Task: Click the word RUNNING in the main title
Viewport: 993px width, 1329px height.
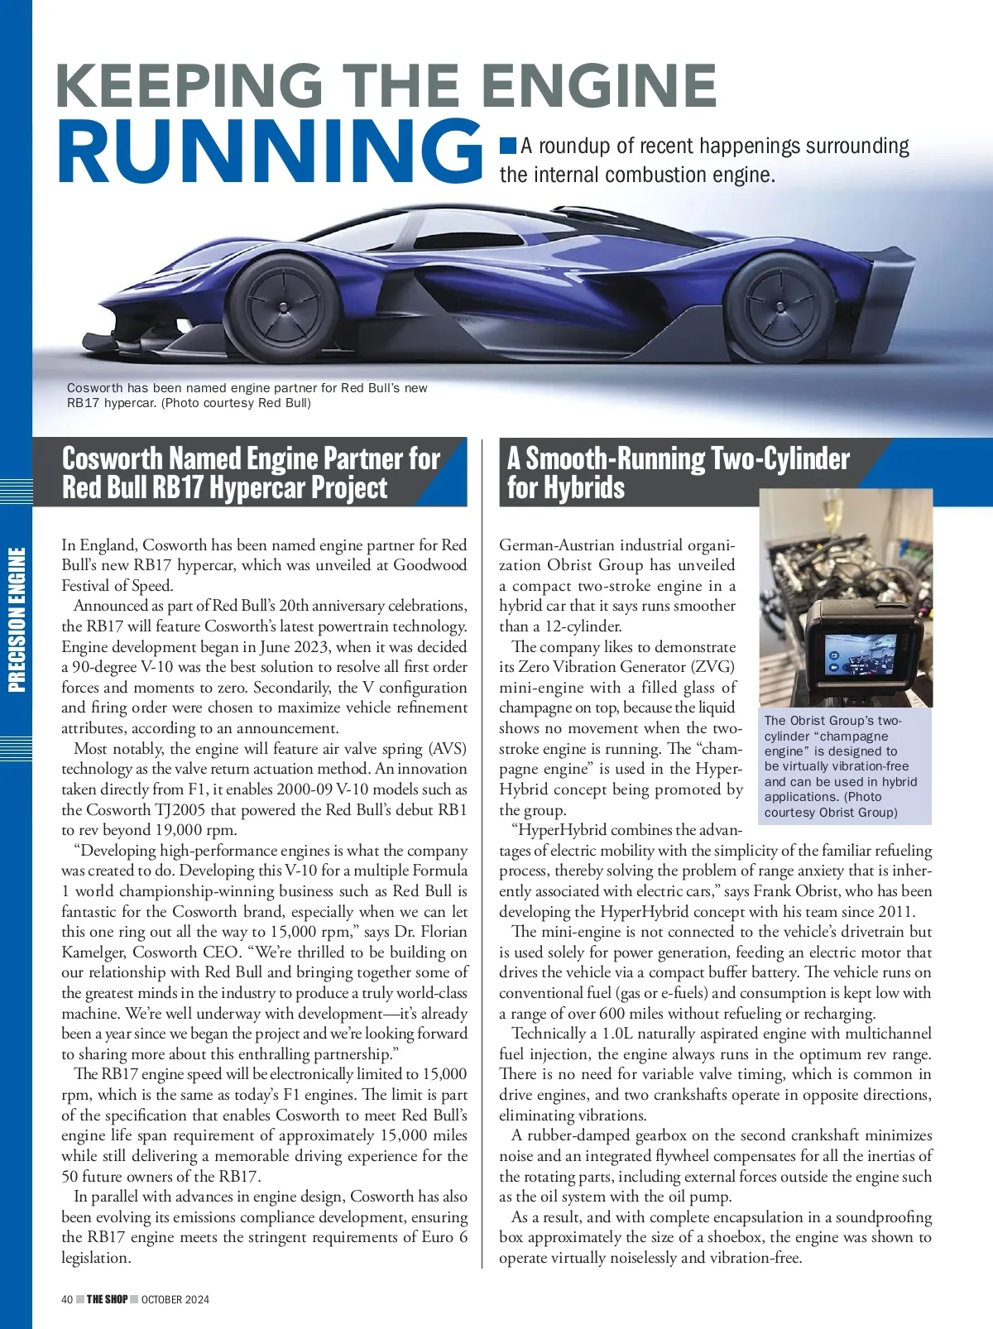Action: (269, 151)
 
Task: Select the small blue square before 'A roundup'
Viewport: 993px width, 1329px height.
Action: (507, 146)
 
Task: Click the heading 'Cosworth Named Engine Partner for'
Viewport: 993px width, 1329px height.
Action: (251, 458)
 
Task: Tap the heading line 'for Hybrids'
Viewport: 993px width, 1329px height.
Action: (566, 487)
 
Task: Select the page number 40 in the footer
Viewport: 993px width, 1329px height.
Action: (67, 1299)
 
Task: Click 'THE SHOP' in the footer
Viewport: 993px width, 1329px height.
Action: (108, 1299)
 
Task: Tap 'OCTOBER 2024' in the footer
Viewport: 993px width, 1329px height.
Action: (175, 1299)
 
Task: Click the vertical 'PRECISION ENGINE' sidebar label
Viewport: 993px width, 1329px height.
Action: (17, 620)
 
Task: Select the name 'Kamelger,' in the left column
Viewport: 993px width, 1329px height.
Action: (94, 952)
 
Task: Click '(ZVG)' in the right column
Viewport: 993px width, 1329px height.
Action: (714, 667)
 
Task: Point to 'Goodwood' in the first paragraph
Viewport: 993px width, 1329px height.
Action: (430, 565)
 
